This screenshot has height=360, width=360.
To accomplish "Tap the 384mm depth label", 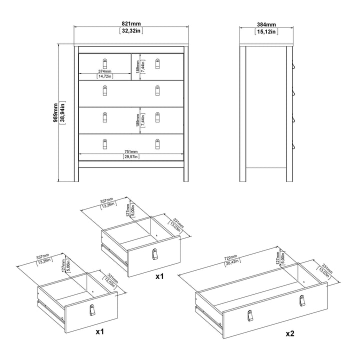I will coord(266,24).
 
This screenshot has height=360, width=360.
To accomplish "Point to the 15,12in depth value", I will coord(266,30).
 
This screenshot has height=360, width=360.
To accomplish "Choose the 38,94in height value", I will coord(62,113).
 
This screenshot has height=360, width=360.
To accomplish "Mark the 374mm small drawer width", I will coord(105,71).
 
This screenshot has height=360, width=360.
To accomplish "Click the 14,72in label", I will coord(105,76).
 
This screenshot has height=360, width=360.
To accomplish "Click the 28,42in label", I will coord(231,261).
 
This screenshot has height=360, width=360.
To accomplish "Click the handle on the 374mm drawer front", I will coord(105,63).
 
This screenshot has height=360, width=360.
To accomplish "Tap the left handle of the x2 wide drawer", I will coord(249,315).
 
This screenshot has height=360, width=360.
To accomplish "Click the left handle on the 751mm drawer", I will coord(105,143).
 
